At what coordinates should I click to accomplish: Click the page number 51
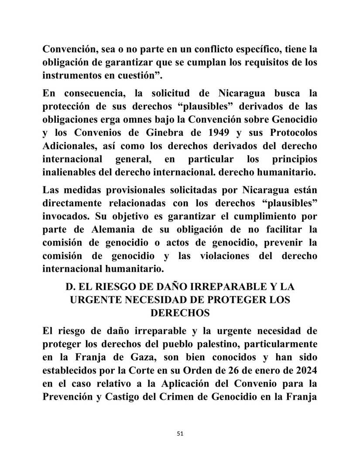click(x=180, y=434)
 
